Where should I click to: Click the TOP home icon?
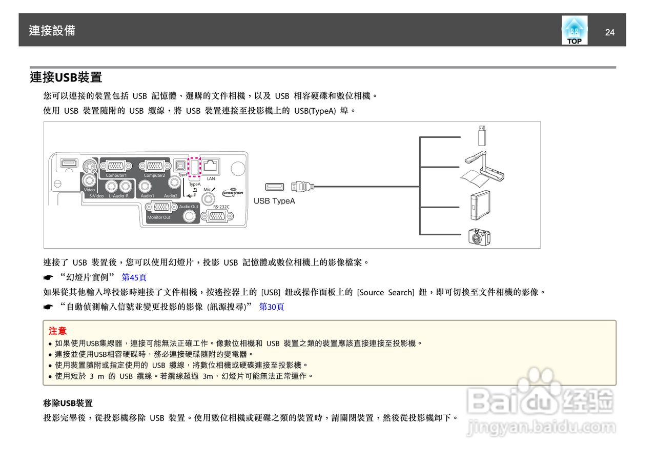point(574,30)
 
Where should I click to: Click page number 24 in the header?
point(609,33)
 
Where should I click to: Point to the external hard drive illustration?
point(481,205)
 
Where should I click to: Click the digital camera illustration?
point(479,236)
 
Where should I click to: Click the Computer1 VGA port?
point(116,166)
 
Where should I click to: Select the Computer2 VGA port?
point(154,166)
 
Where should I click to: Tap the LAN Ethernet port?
point(211,166)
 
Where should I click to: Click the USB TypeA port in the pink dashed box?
point(195,167)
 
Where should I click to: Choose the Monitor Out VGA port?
point(162,208)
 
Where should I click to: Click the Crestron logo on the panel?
point(233,192)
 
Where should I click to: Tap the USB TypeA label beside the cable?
point(274,201)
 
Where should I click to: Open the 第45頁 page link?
point(134,277)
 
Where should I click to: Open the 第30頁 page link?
point(272,307)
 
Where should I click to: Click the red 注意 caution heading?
point(57,331)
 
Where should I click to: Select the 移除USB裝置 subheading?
point(68,403)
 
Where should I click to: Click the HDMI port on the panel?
point(68,164)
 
